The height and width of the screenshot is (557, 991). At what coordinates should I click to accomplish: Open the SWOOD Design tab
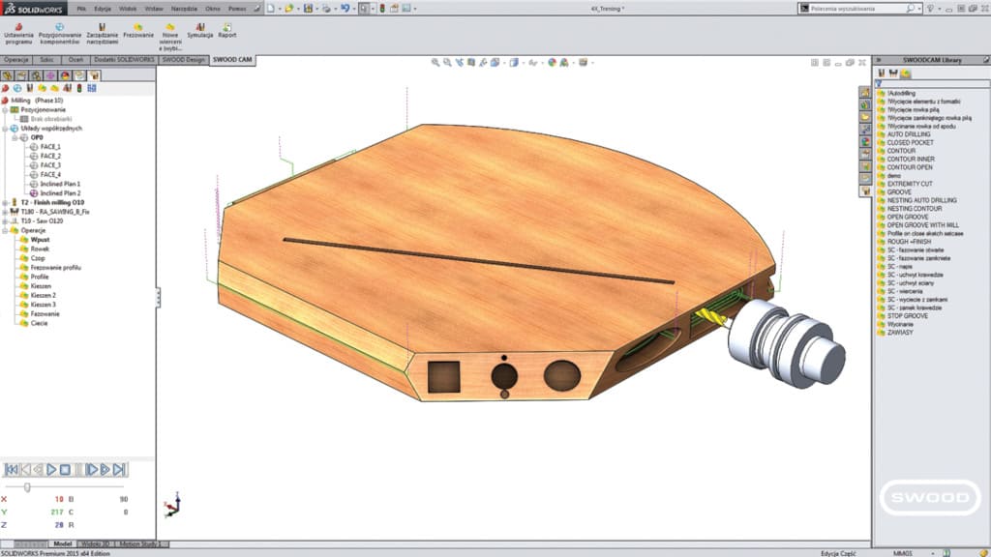click(183, 59)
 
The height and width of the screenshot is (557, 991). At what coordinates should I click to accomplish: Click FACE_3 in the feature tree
click(50, 165)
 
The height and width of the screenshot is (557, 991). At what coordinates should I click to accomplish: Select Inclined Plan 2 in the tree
click(59, 193)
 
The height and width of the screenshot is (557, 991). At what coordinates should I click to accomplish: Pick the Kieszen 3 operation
click(43, 304)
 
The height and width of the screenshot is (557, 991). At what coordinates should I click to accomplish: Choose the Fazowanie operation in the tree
click(45, 313)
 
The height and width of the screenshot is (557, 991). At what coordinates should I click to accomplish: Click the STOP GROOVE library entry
click(907, 315)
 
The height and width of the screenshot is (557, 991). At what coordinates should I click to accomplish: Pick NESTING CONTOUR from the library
click(913, 208)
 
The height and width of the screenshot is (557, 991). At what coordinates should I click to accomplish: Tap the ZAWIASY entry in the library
click(900, 332)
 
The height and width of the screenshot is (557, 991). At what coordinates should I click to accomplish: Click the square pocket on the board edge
click(443, 374)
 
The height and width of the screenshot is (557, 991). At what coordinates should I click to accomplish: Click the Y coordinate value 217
click(57, 512)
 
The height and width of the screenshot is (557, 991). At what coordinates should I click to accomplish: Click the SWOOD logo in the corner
click(924, 499)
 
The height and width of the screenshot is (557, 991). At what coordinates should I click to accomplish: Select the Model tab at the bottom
click(62, 544)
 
